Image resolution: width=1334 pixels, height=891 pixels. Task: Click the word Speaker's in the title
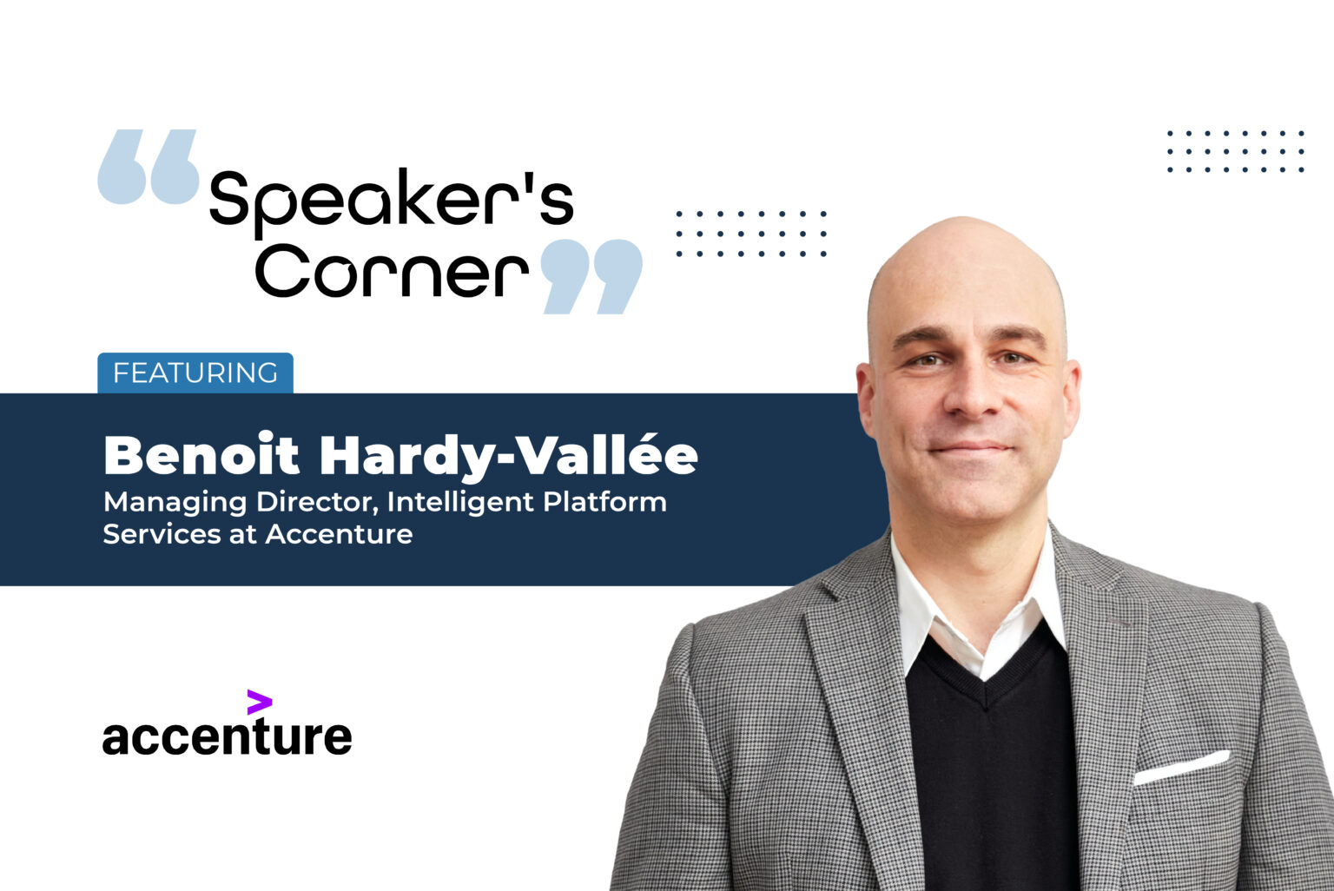[391, 200]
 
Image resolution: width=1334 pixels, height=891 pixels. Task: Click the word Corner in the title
[391, 271]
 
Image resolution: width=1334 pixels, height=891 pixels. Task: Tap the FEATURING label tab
[195, 373]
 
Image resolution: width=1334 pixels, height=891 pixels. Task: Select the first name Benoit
[201, 455]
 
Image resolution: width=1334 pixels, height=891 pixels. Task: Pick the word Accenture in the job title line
[339, 534]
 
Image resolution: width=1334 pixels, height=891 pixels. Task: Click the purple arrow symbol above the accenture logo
[259, 702]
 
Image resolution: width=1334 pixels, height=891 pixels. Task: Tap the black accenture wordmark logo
[227, 736]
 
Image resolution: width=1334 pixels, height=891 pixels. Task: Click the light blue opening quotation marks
[149, 167]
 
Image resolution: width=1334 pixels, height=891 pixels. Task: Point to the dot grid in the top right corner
[1235, 151]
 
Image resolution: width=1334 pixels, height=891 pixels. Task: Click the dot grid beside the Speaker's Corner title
[751, 234]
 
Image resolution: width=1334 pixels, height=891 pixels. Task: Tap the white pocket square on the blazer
[1181, 767]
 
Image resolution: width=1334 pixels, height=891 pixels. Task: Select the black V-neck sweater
[990, 764]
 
